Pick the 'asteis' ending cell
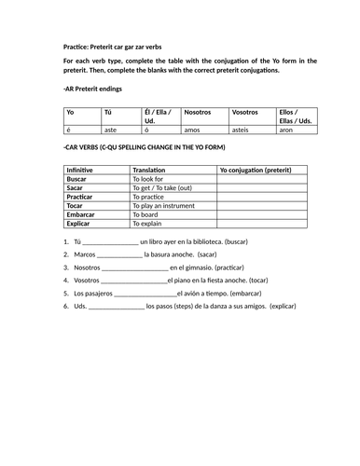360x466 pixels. (241, 131)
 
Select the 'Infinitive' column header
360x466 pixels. (84, 171)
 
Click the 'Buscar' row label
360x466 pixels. (79, 180)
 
